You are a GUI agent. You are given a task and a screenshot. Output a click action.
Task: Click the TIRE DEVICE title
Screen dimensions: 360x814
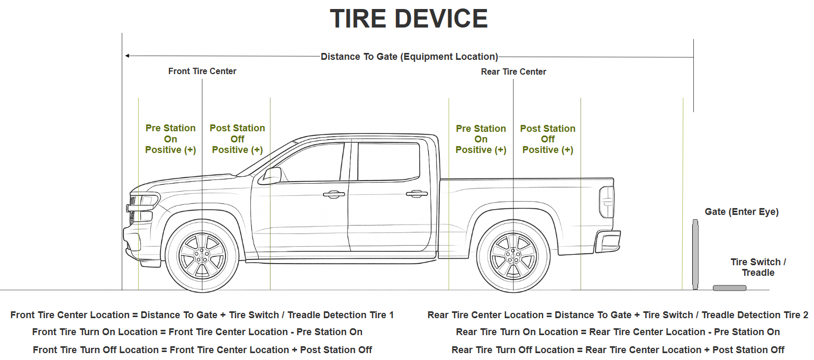click(409, 19)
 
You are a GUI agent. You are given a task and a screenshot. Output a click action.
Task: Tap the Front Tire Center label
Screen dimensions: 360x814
click(202, 71)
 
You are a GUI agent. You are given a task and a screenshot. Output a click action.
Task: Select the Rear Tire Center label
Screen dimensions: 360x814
click(513, 71)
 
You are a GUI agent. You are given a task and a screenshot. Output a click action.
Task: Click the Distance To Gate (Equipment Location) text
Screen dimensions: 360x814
click(409, 57)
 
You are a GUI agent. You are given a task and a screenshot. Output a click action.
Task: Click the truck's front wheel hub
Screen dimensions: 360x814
click(202, 256)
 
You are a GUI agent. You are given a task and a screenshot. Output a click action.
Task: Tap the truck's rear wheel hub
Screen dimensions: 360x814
click(513, 256)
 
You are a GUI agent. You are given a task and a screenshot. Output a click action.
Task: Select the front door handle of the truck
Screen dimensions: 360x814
click(334, 194)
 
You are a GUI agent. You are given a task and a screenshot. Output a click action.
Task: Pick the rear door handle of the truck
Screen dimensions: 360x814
click(417, 194)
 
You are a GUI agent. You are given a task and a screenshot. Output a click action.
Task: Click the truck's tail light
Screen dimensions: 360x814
click(607, 202)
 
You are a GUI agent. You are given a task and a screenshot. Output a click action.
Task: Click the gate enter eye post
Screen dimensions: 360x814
click(695, 255)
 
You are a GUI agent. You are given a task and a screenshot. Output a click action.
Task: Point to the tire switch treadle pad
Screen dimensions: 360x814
click(729, 288)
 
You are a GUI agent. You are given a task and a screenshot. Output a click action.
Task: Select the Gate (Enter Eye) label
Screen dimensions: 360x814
click(741, 212)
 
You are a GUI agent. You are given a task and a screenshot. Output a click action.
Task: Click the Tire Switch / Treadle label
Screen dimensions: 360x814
click(758, 267)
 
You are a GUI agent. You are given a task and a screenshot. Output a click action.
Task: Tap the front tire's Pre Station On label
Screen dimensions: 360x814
click(170, 139)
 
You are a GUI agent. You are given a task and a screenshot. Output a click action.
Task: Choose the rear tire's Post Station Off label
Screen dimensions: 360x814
click(547, 139)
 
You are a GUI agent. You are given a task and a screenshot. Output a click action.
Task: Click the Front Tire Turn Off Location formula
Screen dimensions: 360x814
click(202, 350)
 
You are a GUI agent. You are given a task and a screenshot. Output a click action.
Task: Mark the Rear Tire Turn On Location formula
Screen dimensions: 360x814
click(618, 332)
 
